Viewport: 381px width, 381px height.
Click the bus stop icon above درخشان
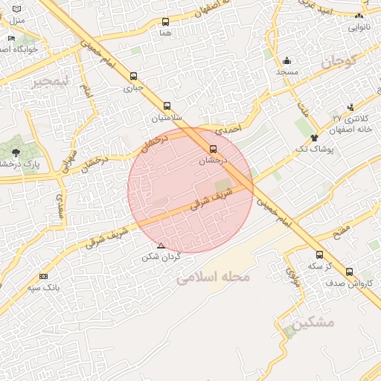point(214,149)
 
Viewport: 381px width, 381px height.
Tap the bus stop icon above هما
point(165,22)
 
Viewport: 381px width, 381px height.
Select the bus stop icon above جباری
point(133,75)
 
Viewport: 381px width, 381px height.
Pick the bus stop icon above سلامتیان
point(167,106)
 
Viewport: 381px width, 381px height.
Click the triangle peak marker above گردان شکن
point(161,246)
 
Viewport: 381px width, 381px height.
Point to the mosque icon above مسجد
point(287,60)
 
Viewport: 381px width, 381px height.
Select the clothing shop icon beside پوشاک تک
point(314,138)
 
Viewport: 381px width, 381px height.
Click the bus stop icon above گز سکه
point(319,254)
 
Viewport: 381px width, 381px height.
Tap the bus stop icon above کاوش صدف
point(349,272)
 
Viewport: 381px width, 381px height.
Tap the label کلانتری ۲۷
point(347,118)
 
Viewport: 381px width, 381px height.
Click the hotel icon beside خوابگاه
point(11,39)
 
